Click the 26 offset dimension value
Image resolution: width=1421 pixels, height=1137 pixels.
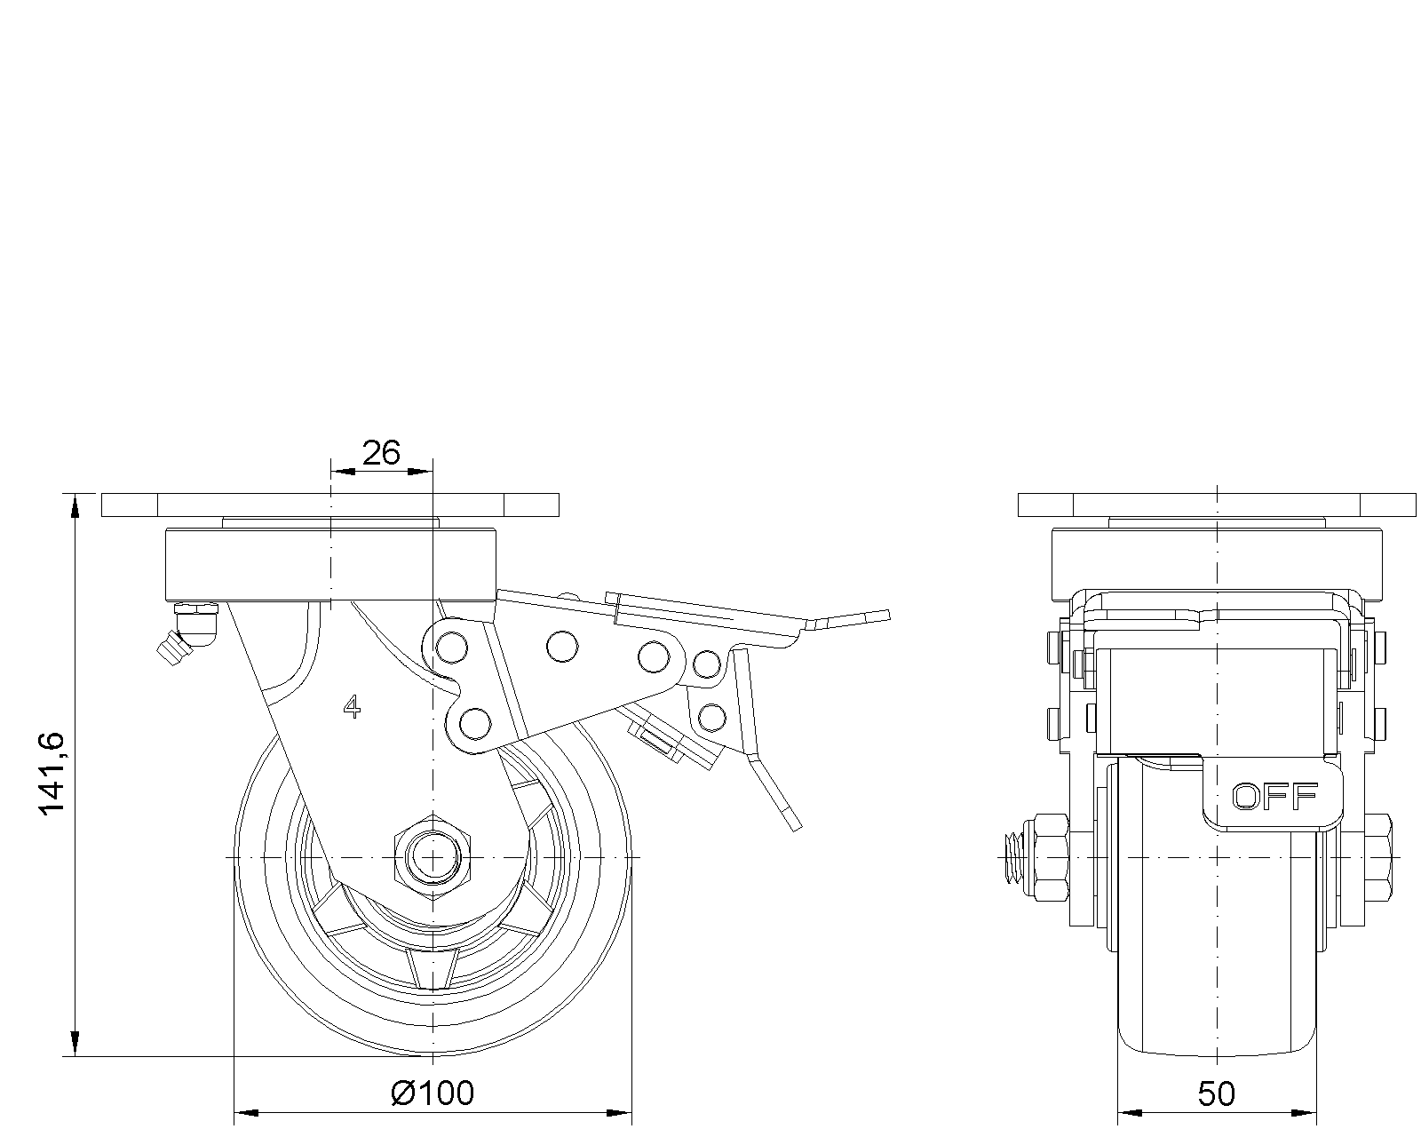(x=381, y=453)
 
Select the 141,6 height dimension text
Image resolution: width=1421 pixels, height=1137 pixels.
(x=52, y=773)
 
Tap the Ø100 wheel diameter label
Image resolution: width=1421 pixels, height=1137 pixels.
(x=433, y=1093)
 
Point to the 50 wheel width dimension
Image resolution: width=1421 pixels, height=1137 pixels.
(x=1216, y=1094)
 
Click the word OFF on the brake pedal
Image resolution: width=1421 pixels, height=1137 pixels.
(x=1274, y=797)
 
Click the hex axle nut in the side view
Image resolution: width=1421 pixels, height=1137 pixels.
(x=433, y=857)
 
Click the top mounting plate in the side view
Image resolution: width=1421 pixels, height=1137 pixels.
(x=329, y=505)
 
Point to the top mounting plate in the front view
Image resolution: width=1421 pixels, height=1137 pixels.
(x=1216, y=505)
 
